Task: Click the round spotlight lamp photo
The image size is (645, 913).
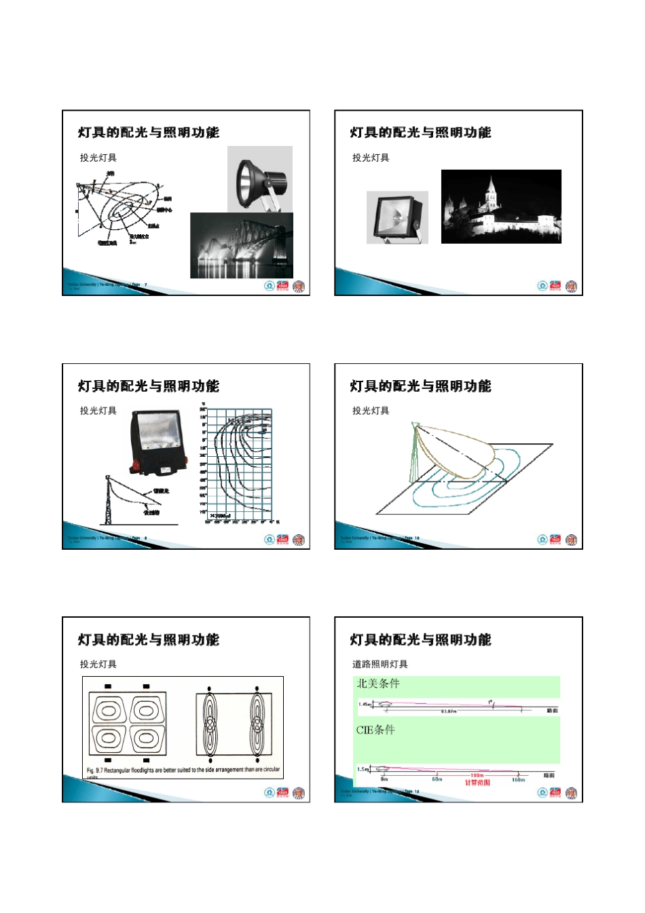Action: pyautogui.click(x=260, y=180)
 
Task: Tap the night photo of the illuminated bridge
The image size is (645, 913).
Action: pyautogui.click(x=241, y=246)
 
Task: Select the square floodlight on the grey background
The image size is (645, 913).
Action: pyautogui.click(x=397, y=217)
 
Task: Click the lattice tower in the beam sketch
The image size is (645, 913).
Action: pyautogui.click(x=108, y=501)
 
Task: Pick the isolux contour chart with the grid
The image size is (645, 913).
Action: pyautogui.click(x=239, y=466)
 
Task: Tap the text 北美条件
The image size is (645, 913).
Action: pyautogui.click(x=378, y=684)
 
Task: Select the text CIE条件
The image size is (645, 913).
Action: pyautogui.click(x=375, y=730)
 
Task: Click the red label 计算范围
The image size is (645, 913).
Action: pyautogui.click(x=477, y=783)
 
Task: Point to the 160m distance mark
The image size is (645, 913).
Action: pyautogui.click(x=518, y=779)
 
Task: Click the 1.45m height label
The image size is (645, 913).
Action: pyautogui.click(x=365, y=704)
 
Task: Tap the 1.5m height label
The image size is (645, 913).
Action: pyautogui.click(x=363, y=769)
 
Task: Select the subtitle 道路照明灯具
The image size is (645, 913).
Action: pyautogui.click(x=380, y=664)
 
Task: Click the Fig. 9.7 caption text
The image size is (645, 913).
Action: pyautogui.click(x=183, y=770)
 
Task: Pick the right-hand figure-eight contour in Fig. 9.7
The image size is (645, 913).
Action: pyautogui.click(x=256, y=723)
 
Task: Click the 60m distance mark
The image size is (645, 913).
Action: pyautogui.click(x=437, y=779)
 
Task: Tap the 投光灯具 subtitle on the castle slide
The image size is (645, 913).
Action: pyautogui.click(x=371, y=157)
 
